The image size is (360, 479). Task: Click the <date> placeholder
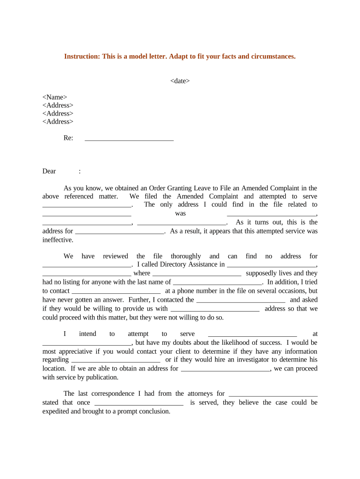(180, 81)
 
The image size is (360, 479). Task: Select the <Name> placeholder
(55, 97)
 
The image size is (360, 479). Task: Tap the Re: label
(68, 138)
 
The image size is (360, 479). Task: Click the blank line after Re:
(129, 139)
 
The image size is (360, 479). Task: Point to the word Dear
(49, 171)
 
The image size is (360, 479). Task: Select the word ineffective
(58, 240)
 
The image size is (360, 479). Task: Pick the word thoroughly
(186, 256)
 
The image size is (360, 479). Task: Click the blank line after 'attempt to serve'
(252, 334)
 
